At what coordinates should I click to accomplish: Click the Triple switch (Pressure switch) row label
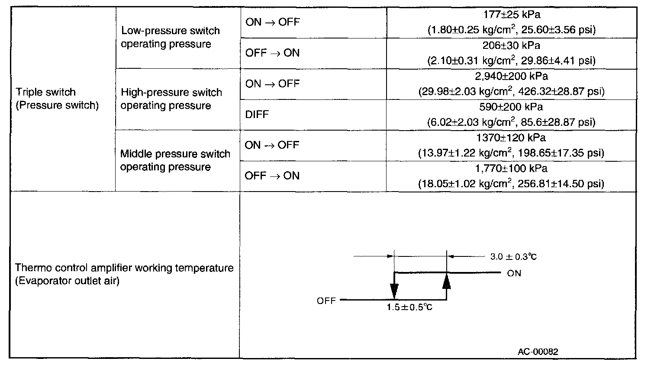click(58, 99)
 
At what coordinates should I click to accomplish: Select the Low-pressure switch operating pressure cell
click(170, 38)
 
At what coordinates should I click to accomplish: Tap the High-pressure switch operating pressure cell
click(171, 99)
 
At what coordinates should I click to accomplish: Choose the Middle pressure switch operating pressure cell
click(175, 160)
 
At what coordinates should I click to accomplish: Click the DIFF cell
click(257, 115)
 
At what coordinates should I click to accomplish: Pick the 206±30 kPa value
click(511, 46)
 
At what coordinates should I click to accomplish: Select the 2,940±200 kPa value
click(511, 77)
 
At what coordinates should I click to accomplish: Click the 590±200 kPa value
click(511, 107)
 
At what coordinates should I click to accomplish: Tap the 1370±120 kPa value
click(511, 138)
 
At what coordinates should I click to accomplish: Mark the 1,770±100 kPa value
click(511, 169)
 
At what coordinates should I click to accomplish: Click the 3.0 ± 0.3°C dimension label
click(513, 257)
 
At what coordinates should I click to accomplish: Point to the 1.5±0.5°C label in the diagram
click(409, 307)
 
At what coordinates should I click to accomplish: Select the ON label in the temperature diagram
click(514, 273)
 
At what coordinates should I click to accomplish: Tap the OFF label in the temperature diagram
click(326, 301)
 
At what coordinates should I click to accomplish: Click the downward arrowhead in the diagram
click(394, 291)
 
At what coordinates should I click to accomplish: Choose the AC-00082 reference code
click(538, 352)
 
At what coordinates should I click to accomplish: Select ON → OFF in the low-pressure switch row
click(272, 22)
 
